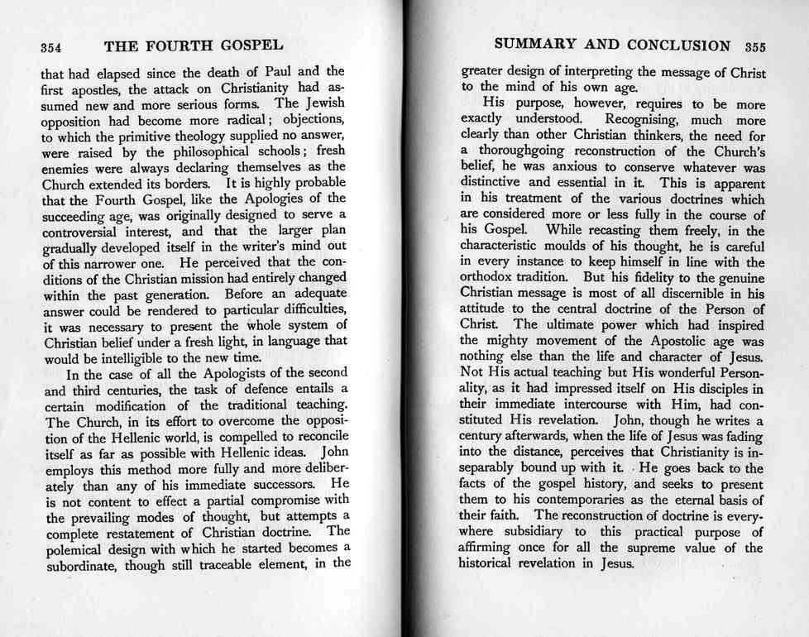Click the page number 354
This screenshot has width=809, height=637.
tap(53, 46)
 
